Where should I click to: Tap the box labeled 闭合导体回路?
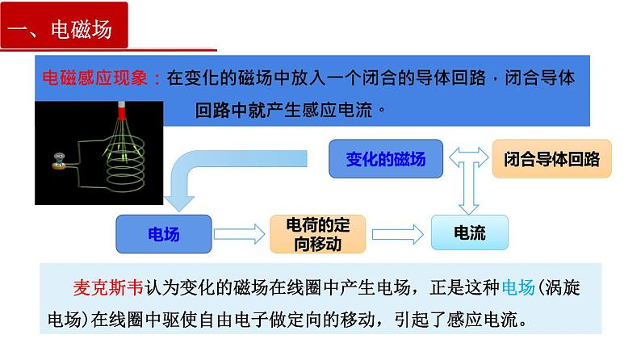pos(551,158)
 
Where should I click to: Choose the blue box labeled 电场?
pos(164,235)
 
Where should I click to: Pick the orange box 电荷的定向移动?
pos(316,235)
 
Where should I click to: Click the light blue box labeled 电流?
pos(470,234)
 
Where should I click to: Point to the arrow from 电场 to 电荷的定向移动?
pos(239,235)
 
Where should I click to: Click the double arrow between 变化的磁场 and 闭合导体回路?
pos(469,157)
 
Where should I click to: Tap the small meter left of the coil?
pos(59,161)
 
